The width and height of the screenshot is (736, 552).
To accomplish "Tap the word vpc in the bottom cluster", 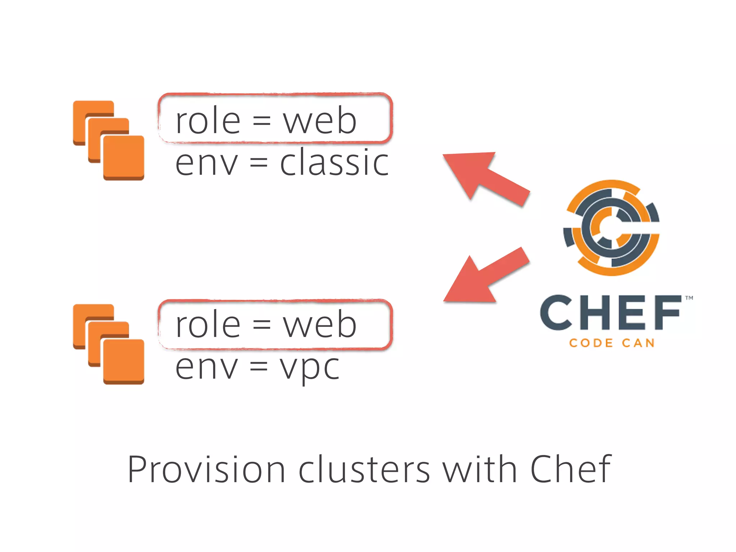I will (310, 368).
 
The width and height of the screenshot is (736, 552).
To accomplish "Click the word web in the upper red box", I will (319, 121).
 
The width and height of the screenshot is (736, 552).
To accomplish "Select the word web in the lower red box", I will (319, 325).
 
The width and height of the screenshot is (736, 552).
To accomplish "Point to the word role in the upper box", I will (208, 121).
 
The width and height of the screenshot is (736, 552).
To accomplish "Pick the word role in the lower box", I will (208, 325).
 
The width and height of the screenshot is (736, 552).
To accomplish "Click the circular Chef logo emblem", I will (611, 228).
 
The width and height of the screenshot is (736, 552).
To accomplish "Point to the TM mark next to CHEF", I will (689, 298).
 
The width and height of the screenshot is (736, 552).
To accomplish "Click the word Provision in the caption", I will (206, 469).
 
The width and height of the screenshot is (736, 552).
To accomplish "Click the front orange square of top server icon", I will (124, 157).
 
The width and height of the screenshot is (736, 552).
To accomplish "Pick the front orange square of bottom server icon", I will (124, 360).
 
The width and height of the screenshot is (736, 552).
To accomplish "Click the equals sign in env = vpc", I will (259, 367).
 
